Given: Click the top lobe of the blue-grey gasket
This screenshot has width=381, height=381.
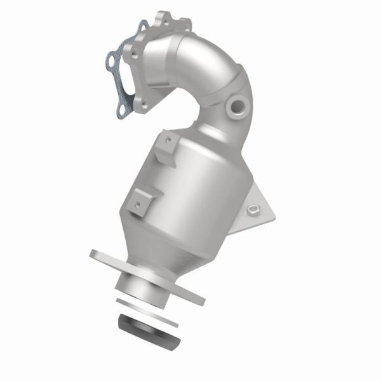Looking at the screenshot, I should pyautogui.click(x=143, y=25).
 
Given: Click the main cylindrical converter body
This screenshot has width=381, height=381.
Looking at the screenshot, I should pyautogui.click(x=190, y=190).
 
